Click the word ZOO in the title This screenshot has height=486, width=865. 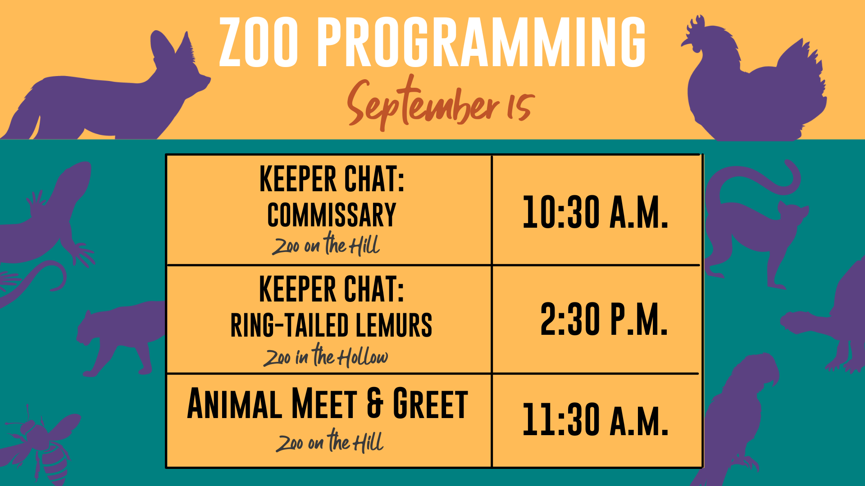(x=259, y=42)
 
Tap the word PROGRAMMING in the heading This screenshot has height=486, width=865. (x=482, y=42)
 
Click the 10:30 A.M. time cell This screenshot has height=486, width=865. (x=595, y=212)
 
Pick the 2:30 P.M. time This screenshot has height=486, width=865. (x=604, y=319)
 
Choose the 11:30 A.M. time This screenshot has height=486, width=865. (x=595, y=419)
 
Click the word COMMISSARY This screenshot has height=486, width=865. (x=332, y=215)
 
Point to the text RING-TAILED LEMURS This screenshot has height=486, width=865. (x=331, y=325)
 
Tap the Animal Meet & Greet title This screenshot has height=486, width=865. (x=328, y=404)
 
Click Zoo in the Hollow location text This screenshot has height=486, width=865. (x=325, y=355)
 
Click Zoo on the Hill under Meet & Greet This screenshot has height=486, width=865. (x=330, y=441)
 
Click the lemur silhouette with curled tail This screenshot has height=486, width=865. (x=752, y=225)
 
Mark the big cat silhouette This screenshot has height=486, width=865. (x=122, y=337)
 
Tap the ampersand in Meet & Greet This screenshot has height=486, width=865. (x=375, y=403)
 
